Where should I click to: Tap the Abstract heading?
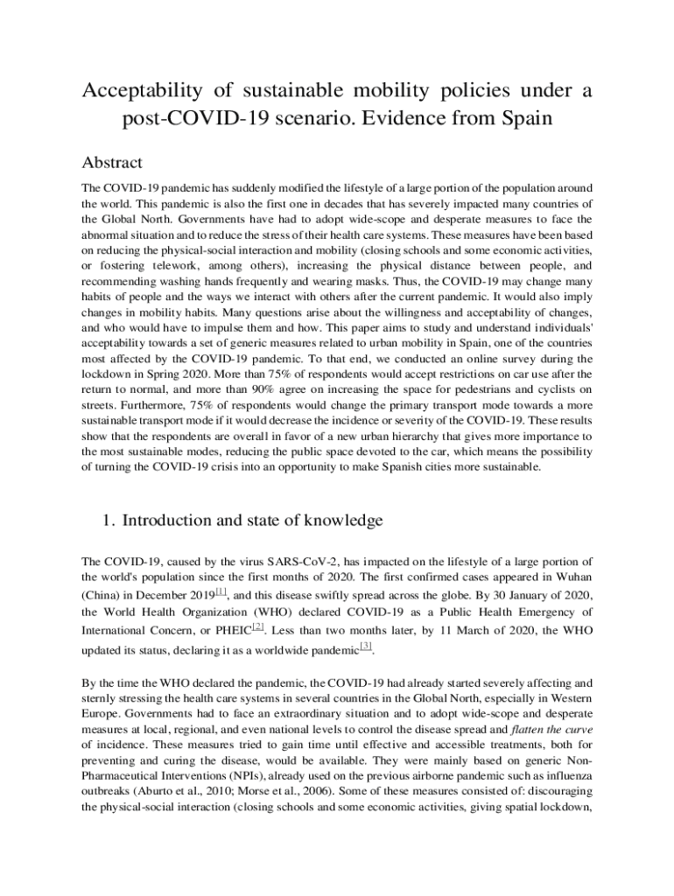click(x=112, y=163)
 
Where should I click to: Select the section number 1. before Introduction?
click(x=110, y=521)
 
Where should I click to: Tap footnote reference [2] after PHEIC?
click(x=257, y=626)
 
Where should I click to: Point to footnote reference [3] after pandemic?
click(x=366, y=646)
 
